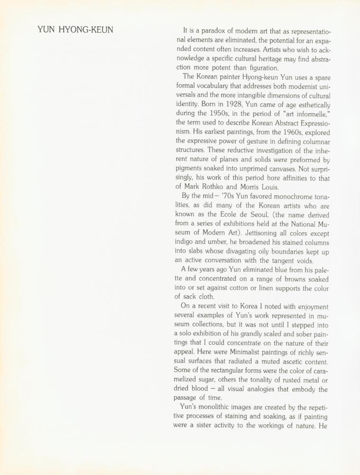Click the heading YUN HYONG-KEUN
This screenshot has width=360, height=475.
[75, 30]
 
